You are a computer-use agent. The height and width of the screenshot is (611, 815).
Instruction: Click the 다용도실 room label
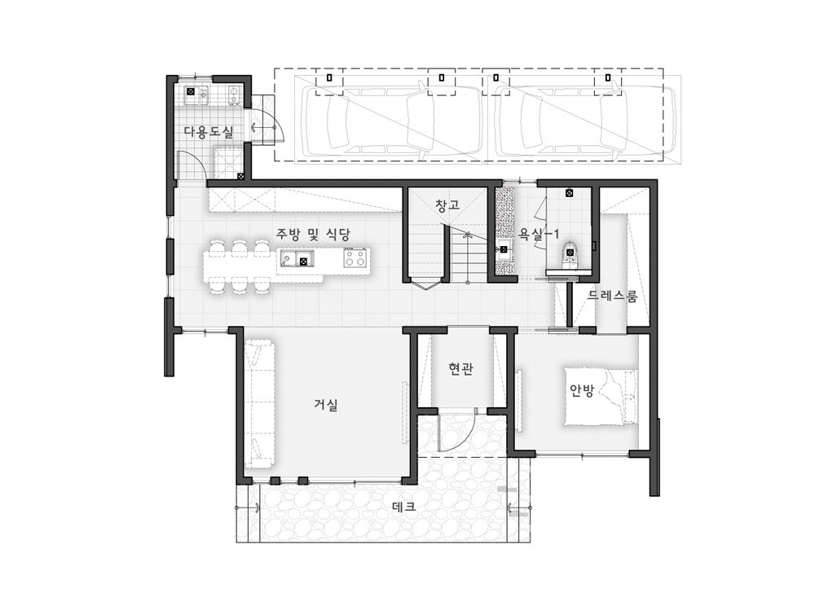pos(209,132)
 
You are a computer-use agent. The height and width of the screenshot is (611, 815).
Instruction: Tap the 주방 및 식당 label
pos(312,234)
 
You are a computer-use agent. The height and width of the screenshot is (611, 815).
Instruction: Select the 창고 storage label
pos(447,204)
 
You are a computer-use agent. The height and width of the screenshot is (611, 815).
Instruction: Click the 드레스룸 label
pos(613,297)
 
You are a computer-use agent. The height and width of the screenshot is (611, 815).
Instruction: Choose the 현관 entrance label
pos(460,369)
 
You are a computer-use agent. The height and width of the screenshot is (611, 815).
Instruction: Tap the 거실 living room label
pos(326,404)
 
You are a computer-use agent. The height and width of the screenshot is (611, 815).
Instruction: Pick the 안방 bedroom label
pos(582,390)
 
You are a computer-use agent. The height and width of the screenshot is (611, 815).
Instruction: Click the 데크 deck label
pos(403,507)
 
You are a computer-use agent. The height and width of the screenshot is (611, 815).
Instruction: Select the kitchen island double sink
pos(297,257)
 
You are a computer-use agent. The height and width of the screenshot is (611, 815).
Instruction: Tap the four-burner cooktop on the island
pos(355,257)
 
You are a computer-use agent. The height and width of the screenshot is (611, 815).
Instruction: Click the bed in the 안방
pos(601,397)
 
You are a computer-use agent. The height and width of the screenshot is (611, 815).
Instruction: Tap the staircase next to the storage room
pos(468,254)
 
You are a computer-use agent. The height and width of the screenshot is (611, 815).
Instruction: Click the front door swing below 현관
pos(456,431)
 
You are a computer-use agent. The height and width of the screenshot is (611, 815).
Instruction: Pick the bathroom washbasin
pos(503,248)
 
